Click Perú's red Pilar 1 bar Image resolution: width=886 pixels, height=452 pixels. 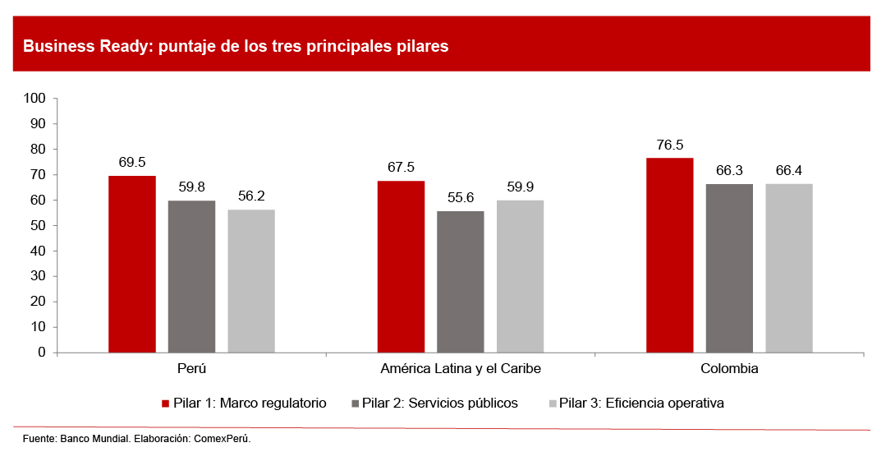(x=132, y=264)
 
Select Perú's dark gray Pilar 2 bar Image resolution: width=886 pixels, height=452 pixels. (x=191, y=276)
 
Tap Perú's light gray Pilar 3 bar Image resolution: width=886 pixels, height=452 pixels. (x=251, y=281)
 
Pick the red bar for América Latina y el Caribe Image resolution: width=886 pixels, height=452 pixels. (x=401, y=266)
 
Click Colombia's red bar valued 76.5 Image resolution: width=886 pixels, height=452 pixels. (x=669, y=255)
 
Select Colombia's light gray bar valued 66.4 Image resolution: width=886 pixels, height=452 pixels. (x=789, y=268)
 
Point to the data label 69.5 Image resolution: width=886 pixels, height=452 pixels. (x=132, y=163)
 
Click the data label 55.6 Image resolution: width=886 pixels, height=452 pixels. (x=460, y=198)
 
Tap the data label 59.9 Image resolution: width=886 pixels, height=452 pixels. (x=520, y=187)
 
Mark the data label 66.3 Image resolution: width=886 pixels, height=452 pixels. (x=729, y=171)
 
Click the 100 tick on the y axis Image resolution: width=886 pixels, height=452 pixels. (x=34, y=99)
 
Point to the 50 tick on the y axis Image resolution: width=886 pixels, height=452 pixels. (x=38, y=226)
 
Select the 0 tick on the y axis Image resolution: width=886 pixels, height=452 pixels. (x=41, y=353)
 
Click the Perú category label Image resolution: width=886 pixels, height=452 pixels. (x=191, y=369)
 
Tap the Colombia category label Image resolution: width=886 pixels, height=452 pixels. (x=729, y=369)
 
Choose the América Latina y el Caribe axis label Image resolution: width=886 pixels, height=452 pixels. (x=461, y=369)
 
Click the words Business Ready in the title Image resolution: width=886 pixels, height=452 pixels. (x=76, y=46)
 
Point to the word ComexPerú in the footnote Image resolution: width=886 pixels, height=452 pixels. (x=222, y=439)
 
